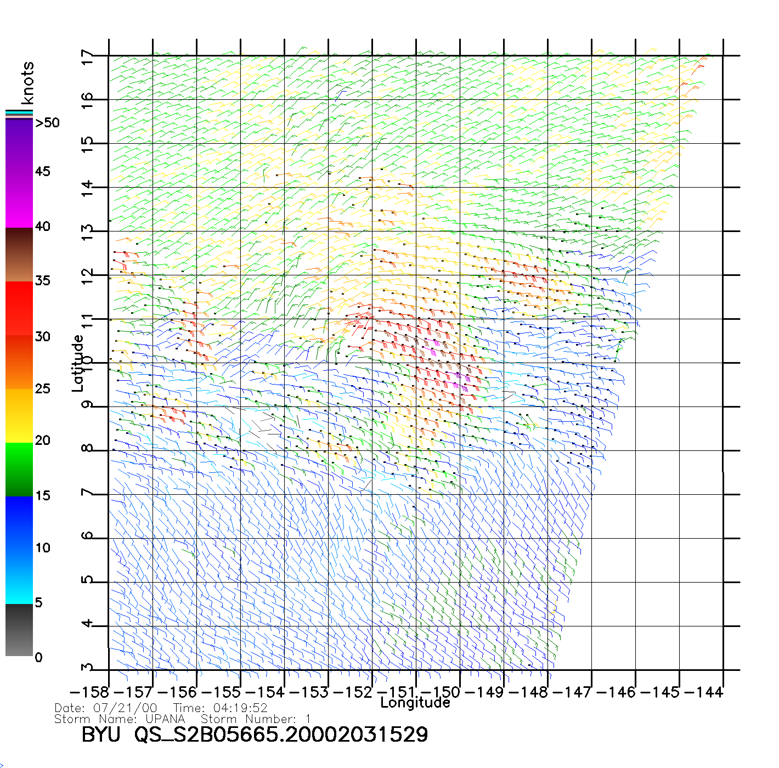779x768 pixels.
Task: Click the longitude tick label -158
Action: click(90, 692)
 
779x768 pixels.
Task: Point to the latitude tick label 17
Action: click(87, 58)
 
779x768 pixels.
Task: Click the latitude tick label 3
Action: click(87, 668)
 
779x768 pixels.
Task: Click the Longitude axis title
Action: click(415, 703)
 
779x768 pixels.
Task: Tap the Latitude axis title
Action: click(78, 363)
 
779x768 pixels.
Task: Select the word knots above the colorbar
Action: click(27, 83)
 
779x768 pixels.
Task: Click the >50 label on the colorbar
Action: click(48, 123)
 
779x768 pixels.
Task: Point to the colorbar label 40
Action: click(43, 227)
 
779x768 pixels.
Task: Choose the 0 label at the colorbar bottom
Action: click(38, 658)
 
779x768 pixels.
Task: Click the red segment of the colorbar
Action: click(19, 307)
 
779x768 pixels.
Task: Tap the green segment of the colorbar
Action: click(19, 469)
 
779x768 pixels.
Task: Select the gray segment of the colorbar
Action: click(19, 631)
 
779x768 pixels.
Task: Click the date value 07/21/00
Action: click(126, 708)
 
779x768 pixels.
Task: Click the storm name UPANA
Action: click(165, 719)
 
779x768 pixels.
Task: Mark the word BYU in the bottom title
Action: click(101, 735)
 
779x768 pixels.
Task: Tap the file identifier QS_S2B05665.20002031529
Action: click(281, 735)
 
